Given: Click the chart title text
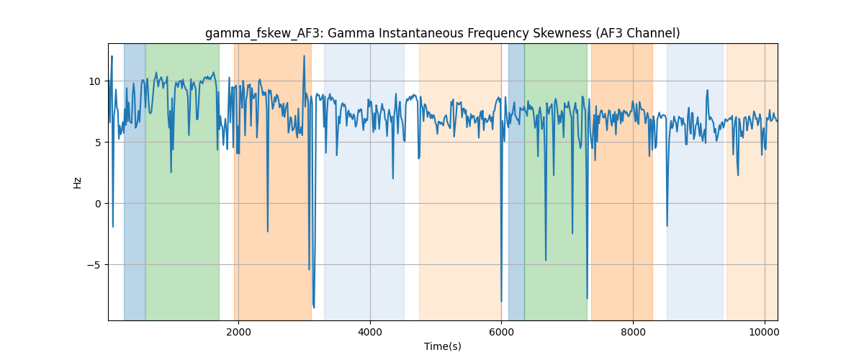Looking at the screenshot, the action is point(442,33).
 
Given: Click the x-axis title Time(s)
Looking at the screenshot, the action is point(442,346).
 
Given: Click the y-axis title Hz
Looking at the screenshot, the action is point(77,182).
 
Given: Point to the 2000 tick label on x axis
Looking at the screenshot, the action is point(239,332).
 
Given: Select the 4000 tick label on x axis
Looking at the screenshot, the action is point(370,332).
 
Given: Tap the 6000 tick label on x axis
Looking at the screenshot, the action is point(501,332).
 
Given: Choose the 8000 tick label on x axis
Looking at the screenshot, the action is point(633,332).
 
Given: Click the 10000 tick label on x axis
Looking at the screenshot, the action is point(765,332).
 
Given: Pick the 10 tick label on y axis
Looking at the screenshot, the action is point(94,81).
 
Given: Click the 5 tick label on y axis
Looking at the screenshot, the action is point(98,143).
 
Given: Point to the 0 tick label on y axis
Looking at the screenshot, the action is point(98,204).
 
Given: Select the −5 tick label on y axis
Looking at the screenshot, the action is point(94,265).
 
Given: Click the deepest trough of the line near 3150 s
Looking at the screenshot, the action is point(314,307).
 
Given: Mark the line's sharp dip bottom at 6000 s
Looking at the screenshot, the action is point(501,302).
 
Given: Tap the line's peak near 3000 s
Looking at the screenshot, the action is point(305,56).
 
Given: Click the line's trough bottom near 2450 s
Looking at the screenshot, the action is point(268,232).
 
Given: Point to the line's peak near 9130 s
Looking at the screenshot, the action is point(707,90).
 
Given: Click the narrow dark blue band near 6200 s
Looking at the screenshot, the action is point(516,181).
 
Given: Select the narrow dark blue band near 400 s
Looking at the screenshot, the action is point(135,181).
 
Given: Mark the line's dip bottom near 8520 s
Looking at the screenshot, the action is point(667,226).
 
